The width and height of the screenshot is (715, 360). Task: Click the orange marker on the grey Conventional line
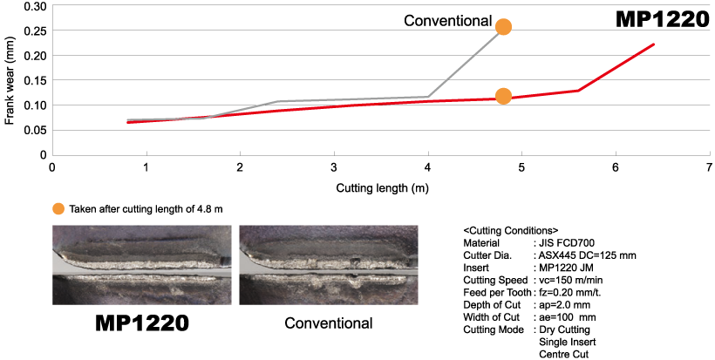503,27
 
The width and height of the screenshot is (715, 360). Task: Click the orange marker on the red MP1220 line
503,96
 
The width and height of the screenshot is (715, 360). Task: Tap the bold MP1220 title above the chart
663,20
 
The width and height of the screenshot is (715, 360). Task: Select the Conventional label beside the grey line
448,21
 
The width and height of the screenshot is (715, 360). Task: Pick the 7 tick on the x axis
709,167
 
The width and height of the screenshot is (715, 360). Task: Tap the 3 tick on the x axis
334,167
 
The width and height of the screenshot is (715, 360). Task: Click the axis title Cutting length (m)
382,187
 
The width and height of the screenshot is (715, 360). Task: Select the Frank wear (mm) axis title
9,81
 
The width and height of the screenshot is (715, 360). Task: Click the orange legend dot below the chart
58,209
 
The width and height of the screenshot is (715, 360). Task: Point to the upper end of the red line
654,44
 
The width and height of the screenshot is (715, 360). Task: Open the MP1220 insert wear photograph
142,265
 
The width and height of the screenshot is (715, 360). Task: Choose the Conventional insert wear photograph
329,265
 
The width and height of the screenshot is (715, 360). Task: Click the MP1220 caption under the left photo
142,323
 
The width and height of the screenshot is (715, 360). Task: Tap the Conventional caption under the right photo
329,323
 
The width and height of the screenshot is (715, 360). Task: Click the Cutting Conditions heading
511,230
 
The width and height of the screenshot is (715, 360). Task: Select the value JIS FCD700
567,243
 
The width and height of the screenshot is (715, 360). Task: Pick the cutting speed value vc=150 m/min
570,280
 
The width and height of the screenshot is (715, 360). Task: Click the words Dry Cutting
564,329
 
